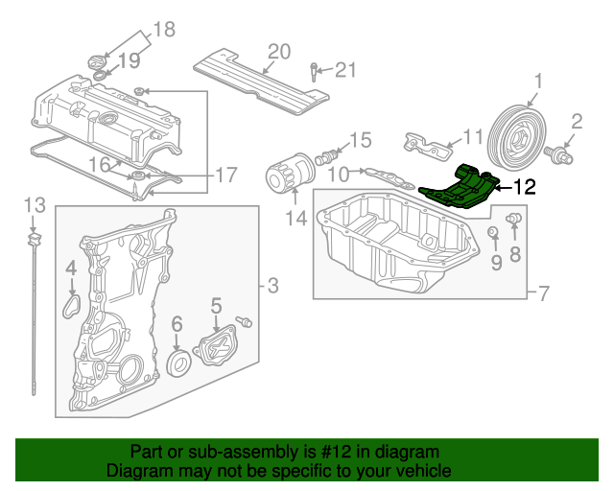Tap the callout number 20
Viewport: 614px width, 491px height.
(278, 52)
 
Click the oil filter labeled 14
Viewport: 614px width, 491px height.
(288, 178)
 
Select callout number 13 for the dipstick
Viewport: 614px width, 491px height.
(35, 204)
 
